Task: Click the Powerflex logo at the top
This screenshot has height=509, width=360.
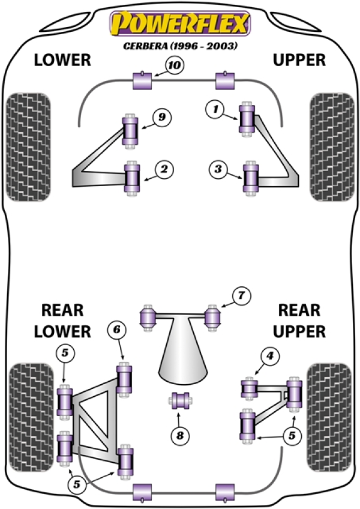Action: [178, 25]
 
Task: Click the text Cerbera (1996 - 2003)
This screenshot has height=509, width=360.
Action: [178, 46]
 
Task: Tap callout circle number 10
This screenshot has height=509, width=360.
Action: [174, 65]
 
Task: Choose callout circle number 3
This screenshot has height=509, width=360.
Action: [218, 170]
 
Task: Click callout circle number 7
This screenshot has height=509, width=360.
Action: [241, 297]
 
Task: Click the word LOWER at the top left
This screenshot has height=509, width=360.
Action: [62, 60]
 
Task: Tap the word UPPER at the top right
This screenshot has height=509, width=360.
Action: [299, 60]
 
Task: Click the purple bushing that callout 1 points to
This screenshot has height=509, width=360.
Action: [247, 119]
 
